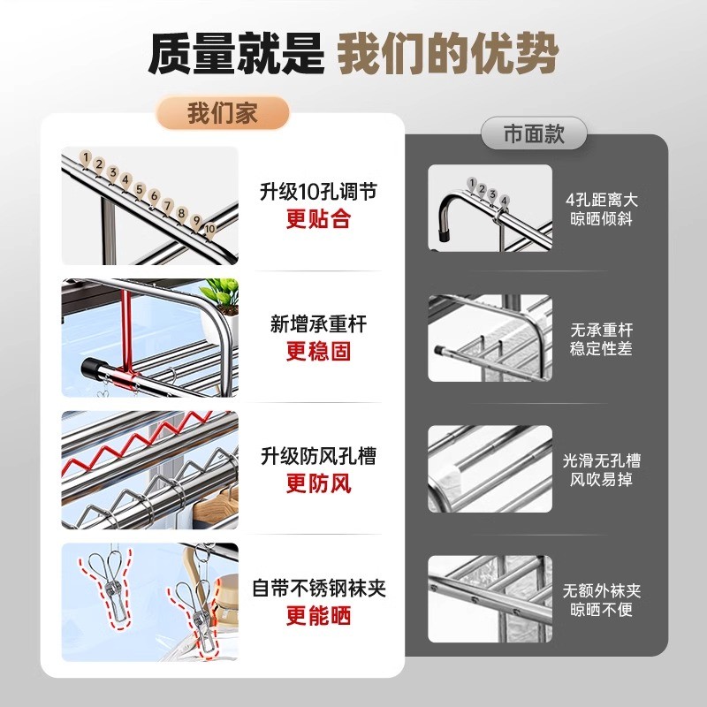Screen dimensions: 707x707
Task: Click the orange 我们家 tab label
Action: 224,113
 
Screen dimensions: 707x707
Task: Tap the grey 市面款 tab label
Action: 534,134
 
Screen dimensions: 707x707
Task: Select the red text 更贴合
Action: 318,218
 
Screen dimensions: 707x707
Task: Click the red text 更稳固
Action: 318,351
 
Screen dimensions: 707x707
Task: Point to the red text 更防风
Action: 318,483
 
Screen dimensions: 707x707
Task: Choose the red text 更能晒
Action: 318,616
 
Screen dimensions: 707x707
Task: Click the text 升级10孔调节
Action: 318,192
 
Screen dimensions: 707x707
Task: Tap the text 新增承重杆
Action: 318,324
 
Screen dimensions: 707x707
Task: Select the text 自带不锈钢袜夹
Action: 318,588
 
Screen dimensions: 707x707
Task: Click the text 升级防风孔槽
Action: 318,456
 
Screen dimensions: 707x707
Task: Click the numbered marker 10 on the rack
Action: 209,228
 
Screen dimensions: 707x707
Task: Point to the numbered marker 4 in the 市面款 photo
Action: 504,201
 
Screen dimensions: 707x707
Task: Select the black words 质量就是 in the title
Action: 236,55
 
